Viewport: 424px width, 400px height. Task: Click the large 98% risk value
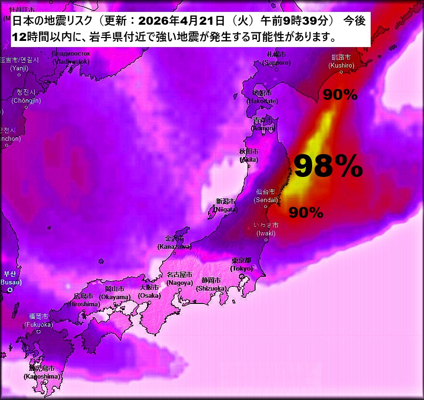click(x=328, y=166)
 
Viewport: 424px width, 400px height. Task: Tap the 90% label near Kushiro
click(x=340, y=95)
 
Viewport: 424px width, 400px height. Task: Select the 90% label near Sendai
click(x=306, y=213)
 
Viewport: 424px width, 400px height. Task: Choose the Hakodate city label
click(x=262, y=97)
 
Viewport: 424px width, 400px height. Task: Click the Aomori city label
click(x=264, y=124)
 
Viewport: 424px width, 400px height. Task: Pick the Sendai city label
click(x=266, y=196)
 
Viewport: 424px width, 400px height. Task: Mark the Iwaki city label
click(x=266, y=229)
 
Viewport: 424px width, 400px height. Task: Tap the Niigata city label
click(x=226, y=205)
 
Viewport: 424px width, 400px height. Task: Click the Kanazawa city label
click(x=174, y=243)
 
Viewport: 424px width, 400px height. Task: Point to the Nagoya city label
click(x=179, y=279)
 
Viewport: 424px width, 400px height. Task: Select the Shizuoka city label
click(x=211, y=284)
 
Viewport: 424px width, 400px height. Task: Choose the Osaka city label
click(x=149, y=292)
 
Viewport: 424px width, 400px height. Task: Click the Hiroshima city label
click(x=83, y=300)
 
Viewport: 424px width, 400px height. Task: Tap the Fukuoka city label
click(x=39, y=320)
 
